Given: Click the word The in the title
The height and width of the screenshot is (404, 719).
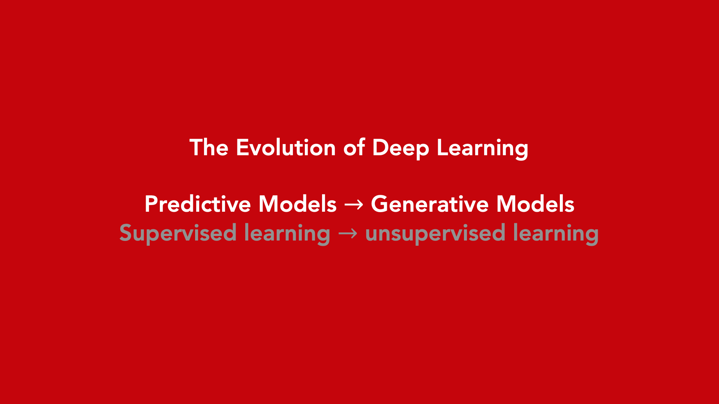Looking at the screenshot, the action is (209, 147).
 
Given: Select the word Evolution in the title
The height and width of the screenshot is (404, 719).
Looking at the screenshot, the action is (286, 147).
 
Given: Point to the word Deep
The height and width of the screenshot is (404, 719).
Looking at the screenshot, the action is (400, 149).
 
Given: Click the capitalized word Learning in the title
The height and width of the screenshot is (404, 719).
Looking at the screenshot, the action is (483, 149).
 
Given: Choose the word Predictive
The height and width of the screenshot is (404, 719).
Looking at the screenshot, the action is (198, 204).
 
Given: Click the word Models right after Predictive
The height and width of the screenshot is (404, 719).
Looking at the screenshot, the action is (297, 204).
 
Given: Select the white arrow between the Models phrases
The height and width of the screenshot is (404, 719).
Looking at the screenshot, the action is (354, 205).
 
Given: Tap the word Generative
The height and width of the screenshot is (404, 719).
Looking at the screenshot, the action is (430, 204).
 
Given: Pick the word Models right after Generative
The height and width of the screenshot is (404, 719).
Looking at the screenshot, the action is (536, 204).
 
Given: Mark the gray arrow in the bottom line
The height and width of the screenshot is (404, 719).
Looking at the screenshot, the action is (348, 233).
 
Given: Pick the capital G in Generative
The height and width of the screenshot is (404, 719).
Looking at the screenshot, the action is (379, 204).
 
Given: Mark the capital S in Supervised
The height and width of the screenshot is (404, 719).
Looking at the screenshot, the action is (125, 233).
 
